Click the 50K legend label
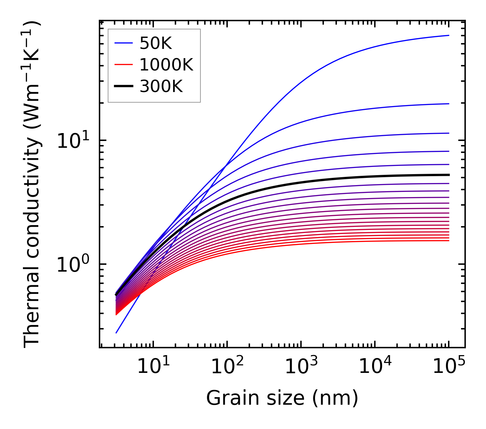click(x=156, y=43)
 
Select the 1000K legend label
click(x=167, y=65)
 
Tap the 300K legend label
click(x=161, y=87)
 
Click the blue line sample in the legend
click(x=123, y=43)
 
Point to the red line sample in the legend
click(x=123, y=65)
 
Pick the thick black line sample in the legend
click(x=123, y=87)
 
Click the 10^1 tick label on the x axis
click(x=153, y=367)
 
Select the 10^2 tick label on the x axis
click(x=227, y=367)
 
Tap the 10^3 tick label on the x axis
click(x=301, y=367)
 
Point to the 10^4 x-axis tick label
click(x=375, y=367)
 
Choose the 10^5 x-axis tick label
click(x=449, y=367)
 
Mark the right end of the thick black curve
click(x=449, y=175)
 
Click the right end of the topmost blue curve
click(x=449, y=35)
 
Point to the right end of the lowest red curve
click(x=449, y=240)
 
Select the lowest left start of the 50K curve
click(x=116, y=333)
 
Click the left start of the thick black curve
click(x=116, y=295)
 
